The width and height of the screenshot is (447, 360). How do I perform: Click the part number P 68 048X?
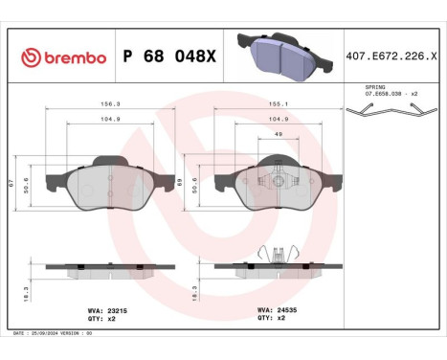coord(170,58)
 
